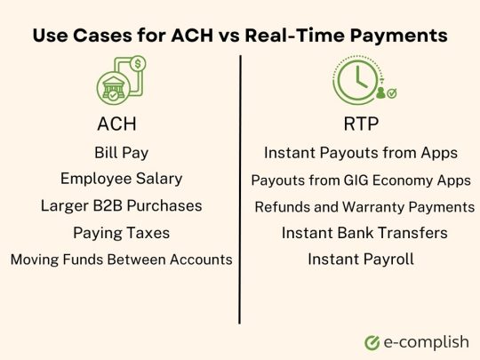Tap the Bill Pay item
coord(121,152)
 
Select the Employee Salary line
coord(121,179)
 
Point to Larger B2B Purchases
coord(121,206)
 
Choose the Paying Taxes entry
coord(121,233)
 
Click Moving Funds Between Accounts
coord(121,260)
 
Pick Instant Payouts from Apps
coord(361,153)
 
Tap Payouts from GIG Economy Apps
coord(361,180)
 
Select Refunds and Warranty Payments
coord(364,207)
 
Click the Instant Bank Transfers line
coord(364,233)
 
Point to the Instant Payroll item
coord(361,260)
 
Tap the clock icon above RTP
coord(356,77)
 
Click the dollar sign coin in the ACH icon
coord(138,65)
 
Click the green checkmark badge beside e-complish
coord(372,341)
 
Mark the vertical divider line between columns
coord(240,187)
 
